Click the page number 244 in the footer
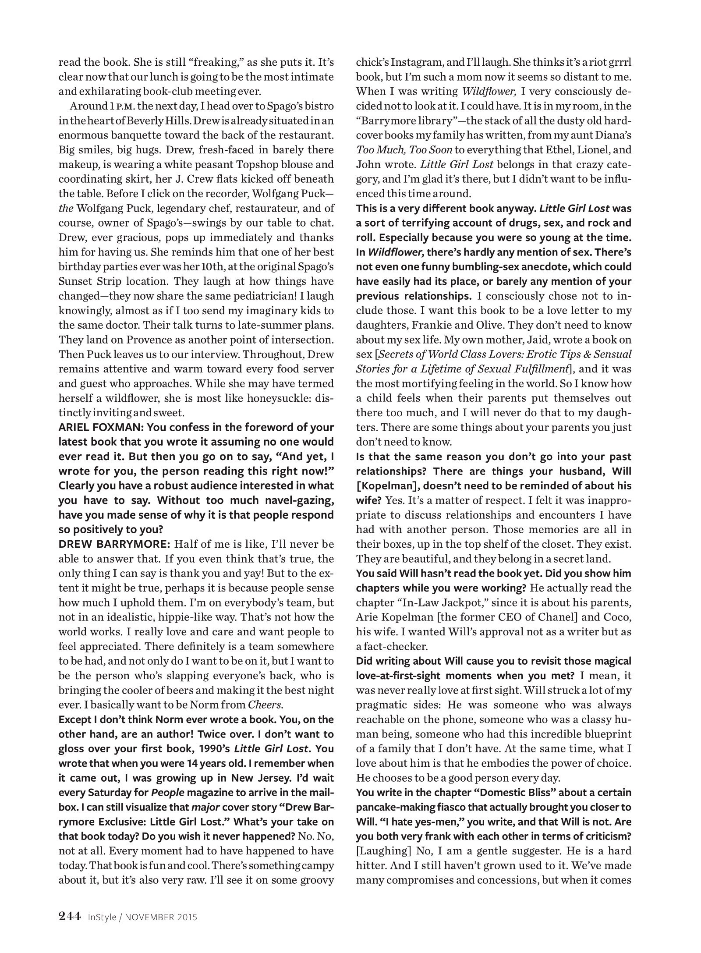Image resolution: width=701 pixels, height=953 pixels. click(x=69, y=916)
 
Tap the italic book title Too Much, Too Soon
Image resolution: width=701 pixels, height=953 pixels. click(x=404, y=150)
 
